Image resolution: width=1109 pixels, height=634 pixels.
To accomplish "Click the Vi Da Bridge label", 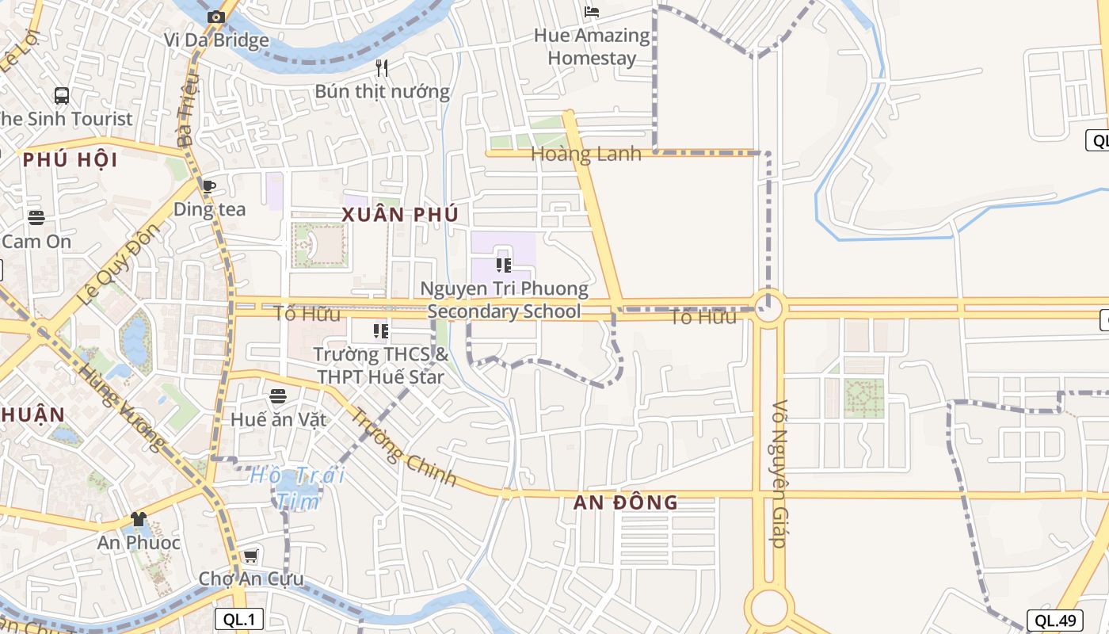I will point(216,40).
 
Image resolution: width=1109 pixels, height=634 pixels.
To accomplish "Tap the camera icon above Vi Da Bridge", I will point(215,17).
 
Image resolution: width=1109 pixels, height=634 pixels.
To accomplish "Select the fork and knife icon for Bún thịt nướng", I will point(382,67).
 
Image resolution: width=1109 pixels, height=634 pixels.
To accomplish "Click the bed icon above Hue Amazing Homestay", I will point(591,11).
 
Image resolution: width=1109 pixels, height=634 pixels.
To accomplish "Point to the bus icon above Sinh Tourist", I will point(62,96).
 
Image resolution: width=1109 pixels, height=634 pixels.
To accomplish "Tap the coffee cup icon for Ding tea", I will point(208,186).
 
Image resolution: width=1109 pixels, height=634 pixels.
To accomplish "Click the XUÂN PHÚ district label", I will point(400,215).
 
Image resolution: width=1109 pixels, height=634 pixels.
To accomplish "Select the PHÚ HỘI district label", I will point(70,160).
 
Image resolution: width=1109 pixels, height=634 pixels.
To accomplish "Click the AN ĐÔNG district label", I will point(626,502).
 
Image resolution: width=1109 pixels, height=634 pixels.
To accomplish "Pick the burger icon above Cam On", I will point(36,217).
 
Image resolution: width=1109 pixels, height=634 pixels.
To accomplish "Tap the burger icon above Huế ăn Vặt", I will point(277,395).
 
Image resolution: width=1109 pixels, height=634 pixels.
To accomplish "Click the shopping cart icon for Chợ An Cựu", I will point(250,556).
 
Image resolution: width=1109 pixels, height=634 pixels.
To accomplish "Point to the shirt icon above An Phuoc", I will point(139,519).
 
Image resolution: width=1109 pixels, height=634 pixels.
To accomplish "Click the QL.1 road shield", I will point(238,619).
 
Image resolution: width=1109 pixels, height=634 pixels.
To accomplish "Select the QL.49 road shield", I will point(1054,621).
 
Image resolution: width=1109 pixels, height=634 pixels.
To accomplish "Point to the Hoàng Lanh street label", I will point(585,154).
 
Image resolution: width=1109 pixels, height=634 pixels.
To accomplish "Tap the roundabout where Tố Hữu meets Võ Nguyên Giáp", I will point(768,308).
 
